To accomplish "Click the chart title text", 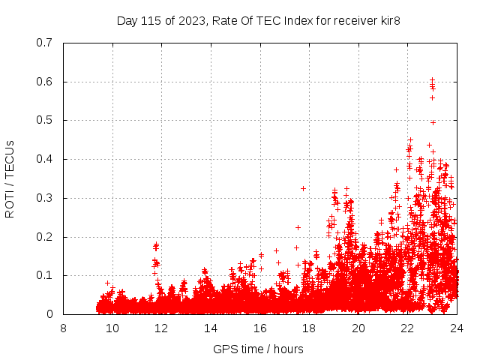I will (x=258, y=20).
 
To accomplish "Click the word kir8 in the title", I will (x=388, y=20).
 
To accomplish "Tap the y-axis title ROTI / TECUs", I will (x=10, y=178).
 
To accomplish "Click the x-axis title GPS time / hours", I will (x=258, y=349).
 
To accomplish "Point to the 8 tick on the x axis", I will (x=63, y=328).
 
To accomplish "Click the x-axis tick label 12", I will (x=161, y=328).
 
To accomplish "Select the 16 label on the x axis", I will (x=259, y=328).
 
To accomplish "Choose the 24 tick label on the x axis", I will (x=456, y=328).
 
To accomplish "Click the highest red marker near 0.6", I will (x=432, y=79).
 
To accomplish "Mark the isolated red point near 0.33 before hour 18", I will (x=303, y=188).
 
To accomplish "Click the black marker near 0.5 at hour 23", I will (x=433, y=121).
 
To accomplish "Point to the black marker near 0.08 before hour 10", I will (x=107, y=283).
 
